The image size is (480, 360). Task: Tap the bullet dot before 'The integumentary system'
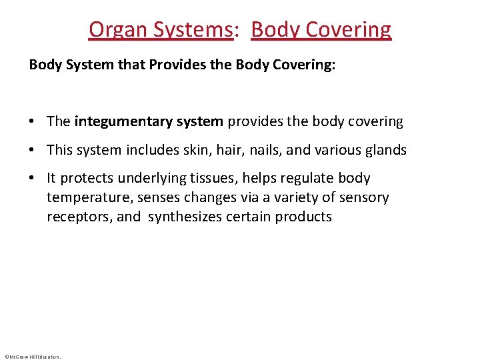32,122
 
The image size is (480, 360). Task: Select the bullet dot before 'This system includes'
32,151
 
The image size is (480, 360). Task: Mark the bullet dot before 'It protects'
32,179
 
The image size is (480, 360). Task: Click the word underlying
154,179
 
